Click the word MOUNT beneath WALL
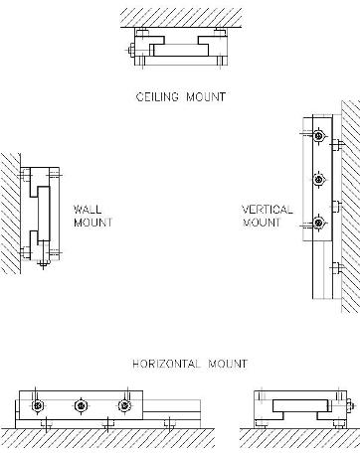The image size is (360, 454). pyautogui.click(x=91, y=223)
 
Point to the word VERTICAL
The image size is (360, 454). pyautogui.click(x=267, y=210)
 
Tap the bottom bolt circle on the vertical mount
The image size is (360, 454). pyautogui.click(x=318, y=221)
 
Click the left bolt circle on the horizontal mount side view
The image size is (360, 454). pyautogui.click(x=37, y=406)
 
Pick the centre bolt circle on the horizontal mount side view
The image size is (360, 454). pyautogui.click(x=81, y=406)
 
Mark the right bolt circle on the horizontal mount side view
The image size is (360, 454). pyautogui.click(x=124, y=406)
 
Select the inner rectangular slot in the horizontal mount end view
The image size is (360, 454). pyautogui.click(x=298, y=407)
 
